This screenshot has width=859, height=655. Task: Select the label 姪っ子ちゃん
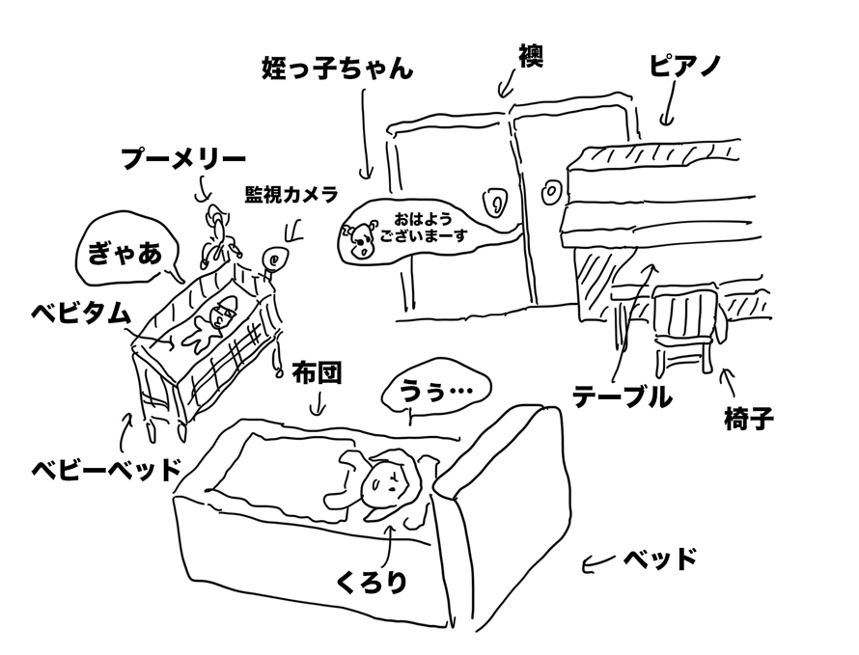pos(337,70)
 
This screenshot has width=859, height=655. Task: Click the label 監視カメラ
pos(291,195)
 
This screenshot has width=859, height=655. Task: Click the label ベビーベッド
pos(106,470)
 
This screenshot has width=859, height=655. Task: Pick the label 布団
pos(318,373)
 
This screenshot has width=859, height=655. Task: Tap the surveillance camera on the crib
pos(274,260)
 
